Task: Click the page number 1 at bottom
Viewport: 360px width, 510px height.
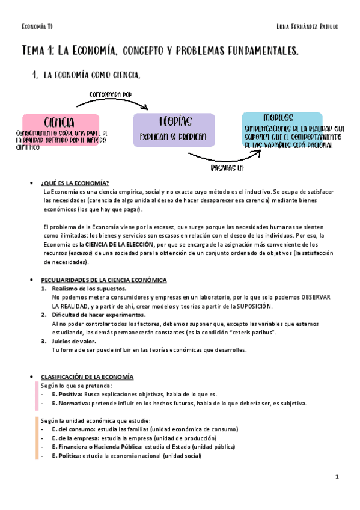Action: (x=337, y=476)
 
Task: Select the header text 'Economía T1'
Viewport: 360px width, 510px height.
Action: (x=37, y=26)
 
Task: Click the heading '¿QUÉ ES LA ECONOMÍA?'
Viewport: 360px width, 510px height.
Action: (x=75, y=183)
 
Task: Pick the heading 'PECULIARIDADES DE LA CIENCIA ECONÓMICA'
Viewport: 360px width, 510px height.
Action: (x=103, y=280)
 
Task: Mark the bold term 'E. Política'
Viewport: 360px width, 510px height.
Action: (x=65, y=455)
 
